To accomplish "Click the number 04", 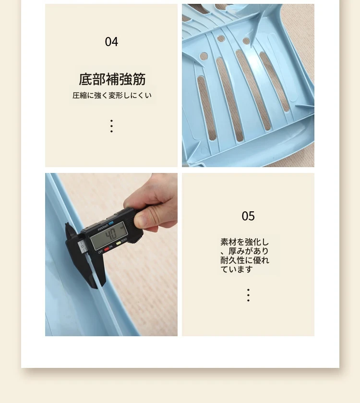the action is [111, 42].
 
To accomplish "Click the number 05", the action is [248, 216].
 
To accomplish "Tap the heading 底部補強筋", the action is [112, 79].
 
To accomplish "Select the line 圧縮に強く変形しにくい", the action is [112, 96].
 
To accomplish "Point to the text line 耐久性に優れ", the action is [245, 260].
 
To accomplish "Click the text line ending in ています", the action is [237, 269].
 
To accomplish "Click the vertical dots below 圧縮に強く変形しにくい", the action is [111, 126].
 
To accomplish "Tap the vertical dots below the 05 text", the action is [248, 295].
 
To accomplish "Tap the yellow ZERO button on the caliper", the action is [119, 243].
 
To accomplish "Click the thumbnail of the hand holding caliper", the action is [111, 255].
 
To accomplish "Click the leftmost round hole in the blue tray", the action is [204, 56].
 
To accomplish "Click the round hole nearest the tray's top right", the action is [246, 41].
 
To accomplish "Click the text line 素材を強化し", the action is [244, 242].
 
